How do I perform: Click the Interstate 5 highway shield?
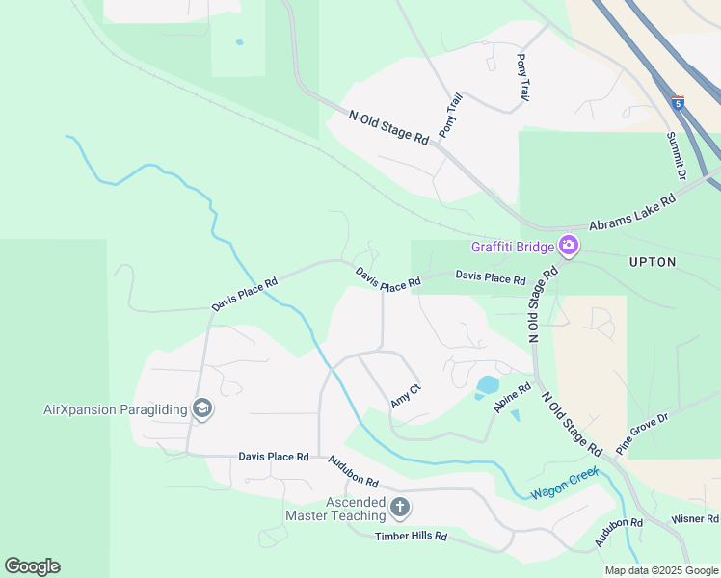click(679, 101)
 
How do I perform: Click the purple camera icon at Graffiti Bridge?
click(569, 246)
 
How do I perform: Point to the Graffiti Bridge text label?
click(513, 247)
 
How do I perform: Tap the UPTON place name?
click(653, 262)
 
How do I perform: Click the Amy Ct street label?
click(406, 395)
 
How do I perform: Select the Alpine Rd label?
click(512, 398)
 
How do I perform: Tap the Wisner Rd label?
click(695, 519)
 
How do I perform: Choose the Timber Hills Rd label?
click(412, 536)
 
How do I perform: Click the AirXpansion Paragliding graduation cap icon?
click(202, 409)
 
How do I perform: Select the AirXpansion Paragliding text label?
click(116, 409)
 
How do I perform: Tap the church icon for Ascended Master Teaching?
click(400, 507)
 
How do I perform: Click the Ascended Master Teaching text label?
click(335, 509)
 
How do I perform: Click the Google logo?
click(32, 566)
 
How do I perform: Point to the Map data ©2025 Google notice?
click(660, 570)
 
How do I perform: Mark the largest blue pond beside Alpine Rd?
click(488, 386)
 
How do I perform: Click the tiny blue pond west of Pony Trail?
click(239, 42)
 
